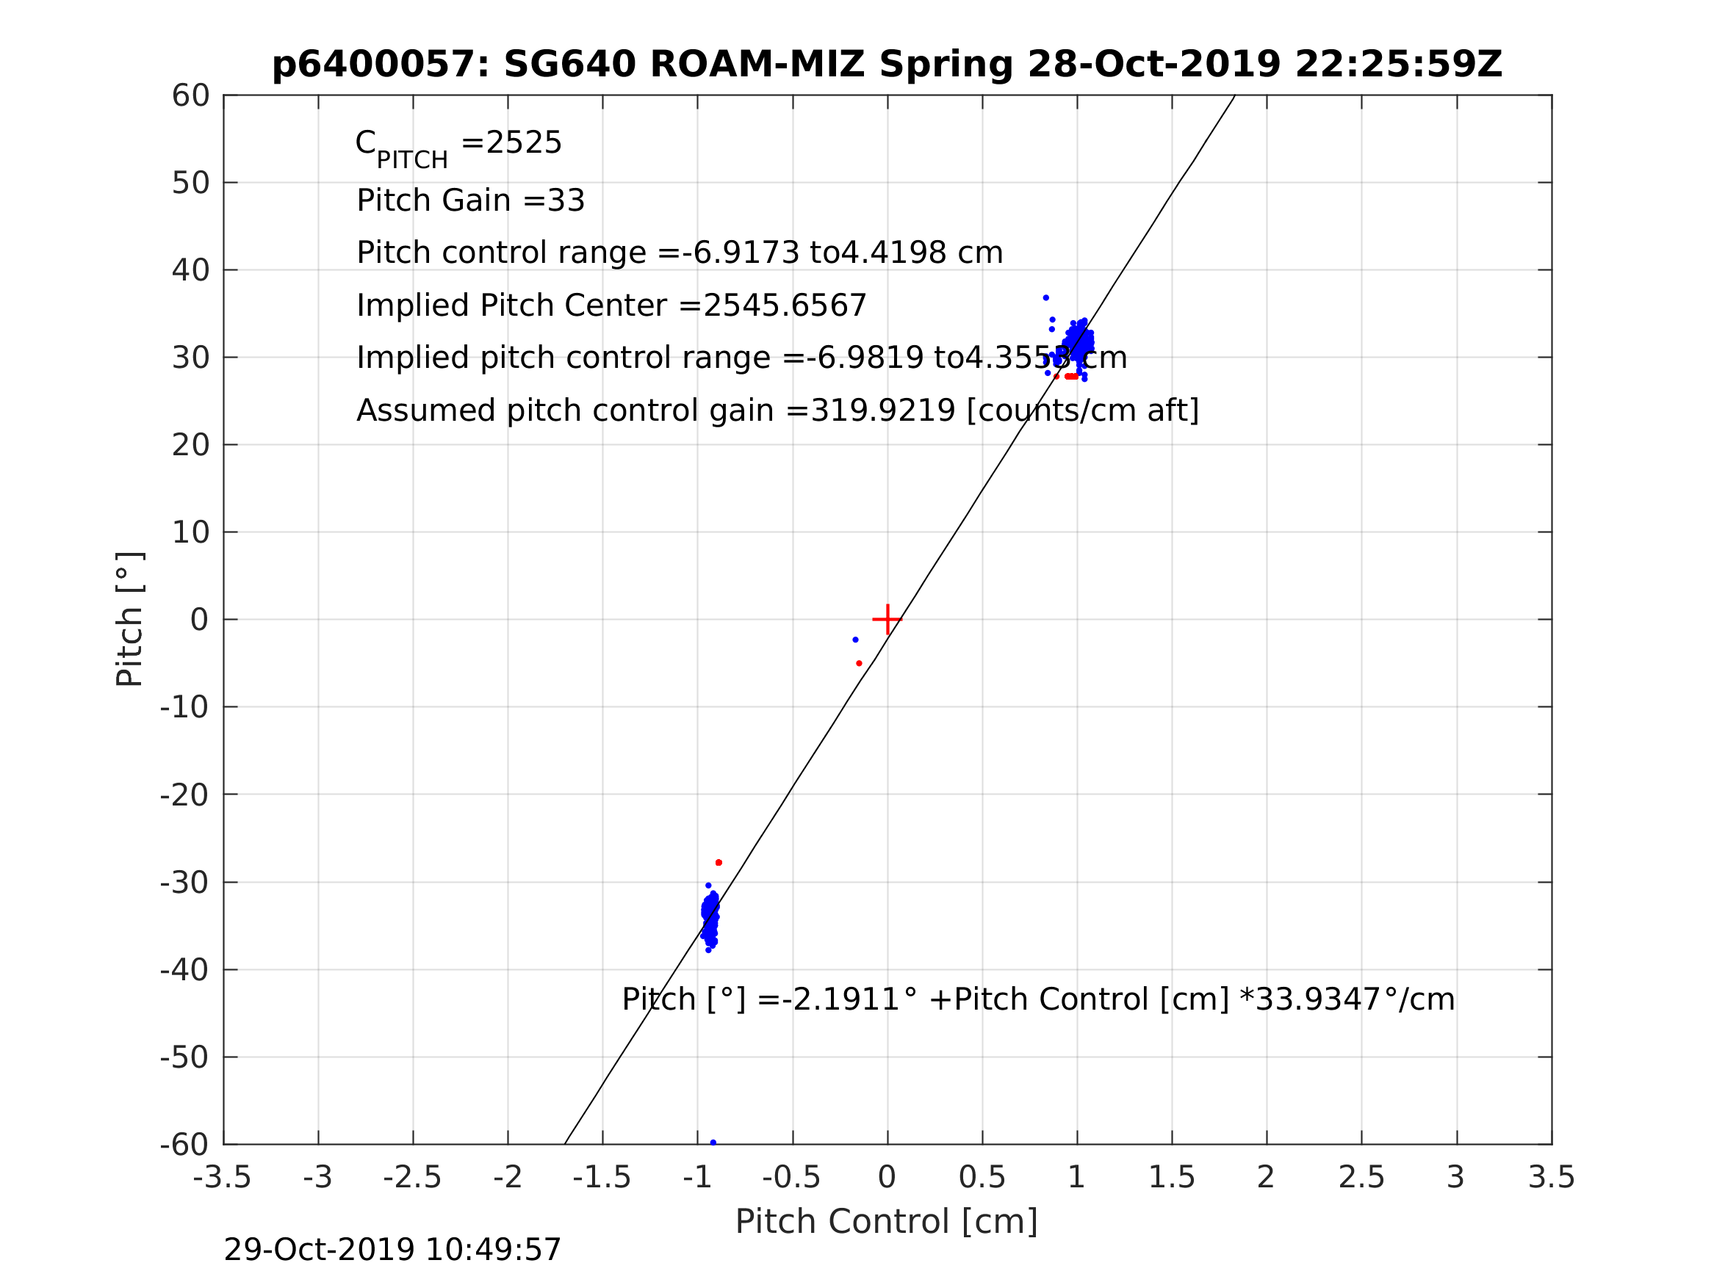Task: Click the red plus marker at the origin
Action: click(887, 620)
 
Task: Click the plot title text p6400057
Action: click(381, 65)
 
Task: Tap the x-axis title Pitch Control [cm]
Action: click(886, 1222)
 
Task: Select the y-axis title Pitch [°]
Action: click(129, 620)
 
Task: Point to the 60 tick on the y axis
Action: click(190, 96)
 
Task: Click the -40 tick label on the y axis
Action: click(184, 970)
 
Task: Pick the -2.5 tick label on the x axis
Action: click(412, 1178)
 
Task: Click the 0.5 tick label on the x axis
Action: click(982, 1178)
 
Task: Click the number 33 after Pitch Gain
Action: click(566, 200)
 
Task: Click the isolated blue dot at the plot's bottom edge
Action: click(713, 1143)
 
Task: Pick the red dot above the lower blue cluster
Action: click(719, 863)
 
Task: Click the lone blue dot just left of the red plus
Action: click(855, 640)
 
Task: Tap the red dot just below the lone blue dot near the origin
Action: click(859, 663)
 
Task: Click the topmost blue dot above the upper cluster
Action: click(1045, 298)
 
